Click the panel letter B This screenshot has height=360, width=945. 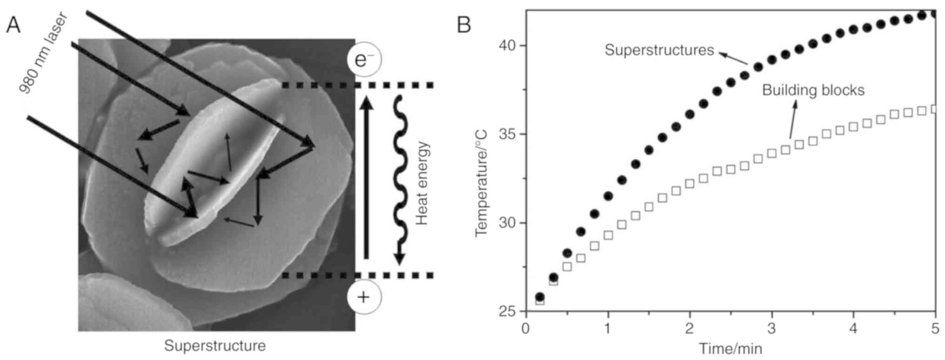464,25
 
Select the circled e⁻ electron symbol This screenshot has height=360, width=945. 364,60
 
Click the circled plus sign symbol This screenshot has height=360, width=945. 364,297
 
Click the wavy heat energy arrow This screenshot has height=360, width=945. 399,181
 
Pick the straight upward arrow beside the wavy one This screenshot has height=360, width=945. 367,177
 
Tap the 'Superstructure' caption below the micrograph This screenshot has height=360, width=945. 215,346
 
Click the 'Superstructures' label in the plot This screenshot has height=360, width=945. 659,50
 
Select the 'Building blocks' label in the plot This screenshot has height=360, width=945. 813,90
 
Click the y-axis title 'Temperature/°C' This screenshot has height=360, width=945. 482,183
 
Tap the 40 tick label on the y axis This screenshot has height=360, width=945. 508,46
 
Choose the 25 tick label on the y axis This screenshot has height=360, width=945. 508,311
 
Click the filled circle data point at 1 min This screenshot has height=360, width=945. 608,196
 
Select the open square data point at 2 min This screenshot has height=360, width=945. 690,184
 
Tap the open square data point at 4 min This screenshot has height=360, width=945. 853,127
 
